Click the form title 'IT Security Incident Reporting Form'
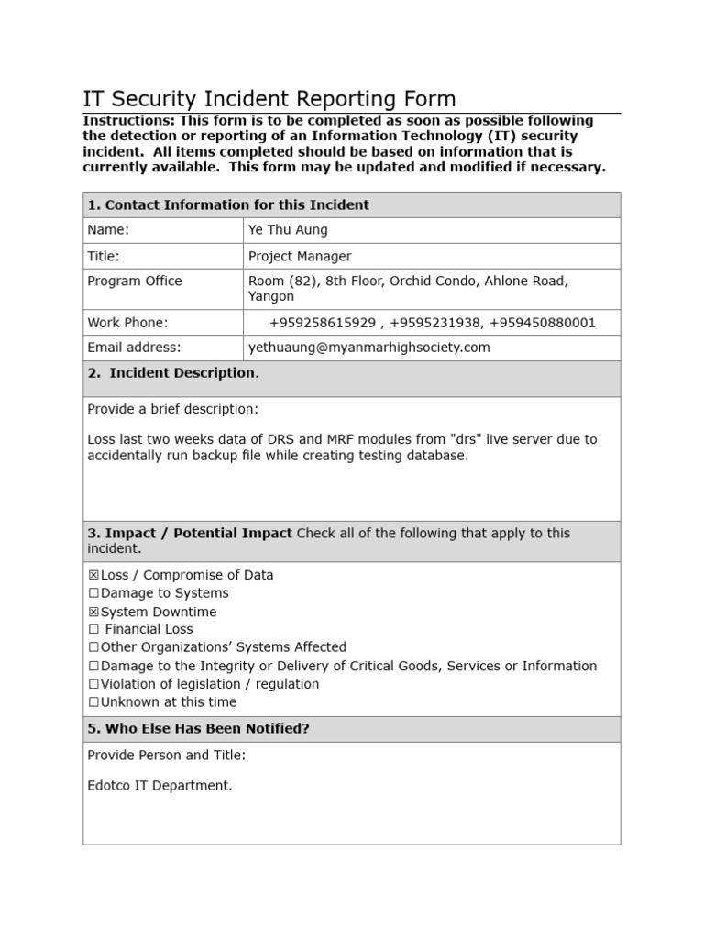tap(269, 99)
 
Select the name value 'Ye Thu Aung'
tap(288, 230)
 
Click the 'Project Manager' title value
tap(300, 256)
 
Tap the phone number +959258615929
tap(322, 323)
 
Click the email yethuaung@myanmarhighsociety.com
tap(368, 348)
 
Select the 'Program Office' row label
tap(135, 282)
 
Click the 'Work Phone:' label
tap(127, 323)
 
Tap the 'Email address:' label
tap(134, 348)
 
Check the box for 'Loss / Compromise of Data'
tap(93, 576)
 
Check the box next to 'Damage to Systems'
tap(93, 593)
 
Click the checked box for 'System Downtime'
tap(93, 612)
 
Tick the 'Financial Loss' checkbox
tap(93, 630)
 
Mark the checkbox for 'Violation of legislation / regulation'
tap(93, 684)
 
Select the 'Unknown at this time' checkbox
tap(93, 702)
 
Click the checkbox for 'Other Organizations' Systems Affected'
tap(93, 647)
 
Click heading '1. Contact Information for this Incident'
tap(228, 204)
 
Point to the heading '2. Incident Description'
tap(171, 373)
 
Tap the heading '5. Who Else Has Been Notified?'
tap(199, 729)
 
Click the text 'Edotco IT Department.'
tap(159, 786)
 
